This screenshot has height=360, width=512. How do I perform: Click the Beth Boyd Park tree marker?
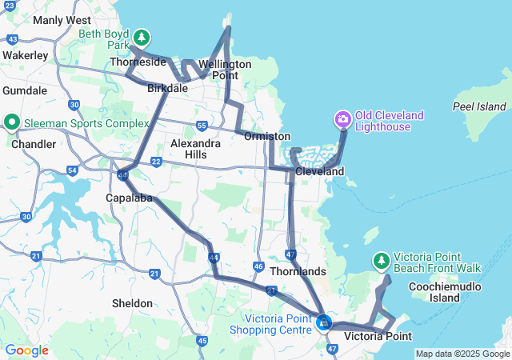[142, 37]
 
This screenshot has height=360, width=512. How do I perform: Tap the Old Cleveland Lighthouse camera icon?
[342, 120]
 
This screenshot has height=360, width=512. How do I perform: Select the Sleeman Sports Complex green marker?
[12, 122]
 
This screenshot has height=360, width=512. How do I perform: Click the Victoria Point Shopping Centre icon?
[324, 322]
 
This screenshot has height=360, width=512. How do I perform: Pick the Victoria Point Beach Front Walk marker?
[382, 261]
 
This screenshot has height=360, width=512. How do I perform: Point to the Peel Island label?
[479, 106]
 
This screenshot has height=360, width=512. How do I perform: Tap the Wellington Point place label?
[225, 69]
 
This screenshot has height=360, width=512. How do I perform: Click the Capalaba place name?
[129, 198]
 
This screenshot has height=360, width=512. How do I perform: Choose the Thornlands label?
[298, 271]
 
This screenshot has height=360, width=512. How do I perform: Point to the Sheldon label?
[132, 303]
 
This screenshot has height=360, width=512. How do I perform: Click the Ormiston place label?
[266, 137]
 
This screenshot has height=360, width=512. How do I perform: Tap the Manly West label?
[62, 20]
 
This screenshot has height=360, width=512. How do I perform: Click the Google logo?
[26, 350]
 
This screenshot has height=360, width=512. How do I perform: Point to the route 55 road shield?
[202, 126]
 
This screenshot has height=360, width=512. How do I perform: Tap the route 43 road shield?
[12, 38]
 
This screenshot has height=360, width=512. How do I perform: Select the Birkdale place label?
[167, 88]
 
